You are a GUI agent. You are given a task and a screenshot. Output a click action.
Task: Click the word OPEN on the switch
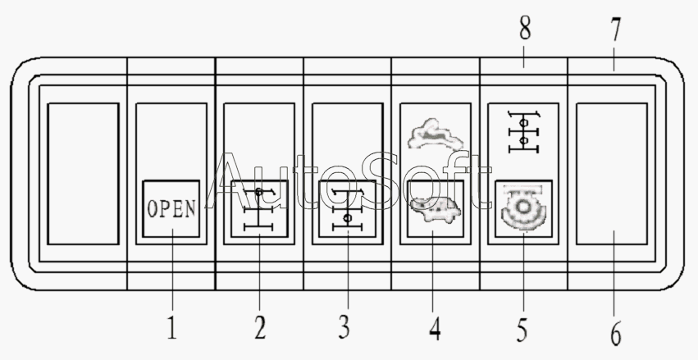(x=171, y=208)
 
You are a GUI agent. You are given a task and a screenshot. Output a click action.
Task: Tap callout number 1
(x=172, y=328)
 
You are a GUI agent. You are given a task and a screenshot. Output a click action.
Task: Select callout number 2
(x=260, y=328)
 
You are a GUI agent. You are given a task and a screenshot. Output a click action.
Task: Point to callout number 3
(x=344, y=327)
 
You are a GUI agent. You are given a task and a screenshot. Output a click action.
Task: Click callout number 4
(x=435, y=329)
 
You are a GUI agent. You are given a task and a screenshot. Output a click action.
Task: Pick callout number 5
(x=522, y=330)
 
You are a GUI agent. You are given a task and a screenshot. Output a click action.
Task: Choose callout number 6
(x=616, y=334)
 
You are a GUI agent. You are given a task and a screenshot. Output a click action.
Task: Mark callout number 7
(x=615, y=30)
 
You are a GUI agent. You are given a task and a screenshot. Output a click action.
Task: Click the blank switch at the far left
(x=83, y=174)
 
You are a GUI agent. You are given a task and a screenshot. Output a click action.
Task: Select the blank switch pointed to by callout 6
(x=612, y=174)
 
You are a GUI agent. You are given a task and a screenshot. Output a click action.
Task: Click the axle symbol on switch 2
(x=258, y=209)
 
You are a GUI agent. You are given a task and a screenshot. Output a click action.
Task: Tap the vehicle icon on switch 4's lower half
(x=436, y=210)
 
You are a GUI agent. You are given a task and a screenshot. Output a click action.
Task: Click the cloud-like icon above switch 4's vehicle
(x=436, y=134)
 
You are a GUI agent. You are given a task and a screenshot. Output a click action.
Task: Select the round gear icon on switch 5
(x=523, y=207)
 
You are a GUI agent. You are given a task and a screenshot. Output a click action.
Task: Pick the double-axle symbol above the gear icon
(x=524, y=132)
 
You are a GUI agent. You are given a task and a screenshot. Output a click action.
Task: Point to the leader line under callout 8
(x=524, y=56)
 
